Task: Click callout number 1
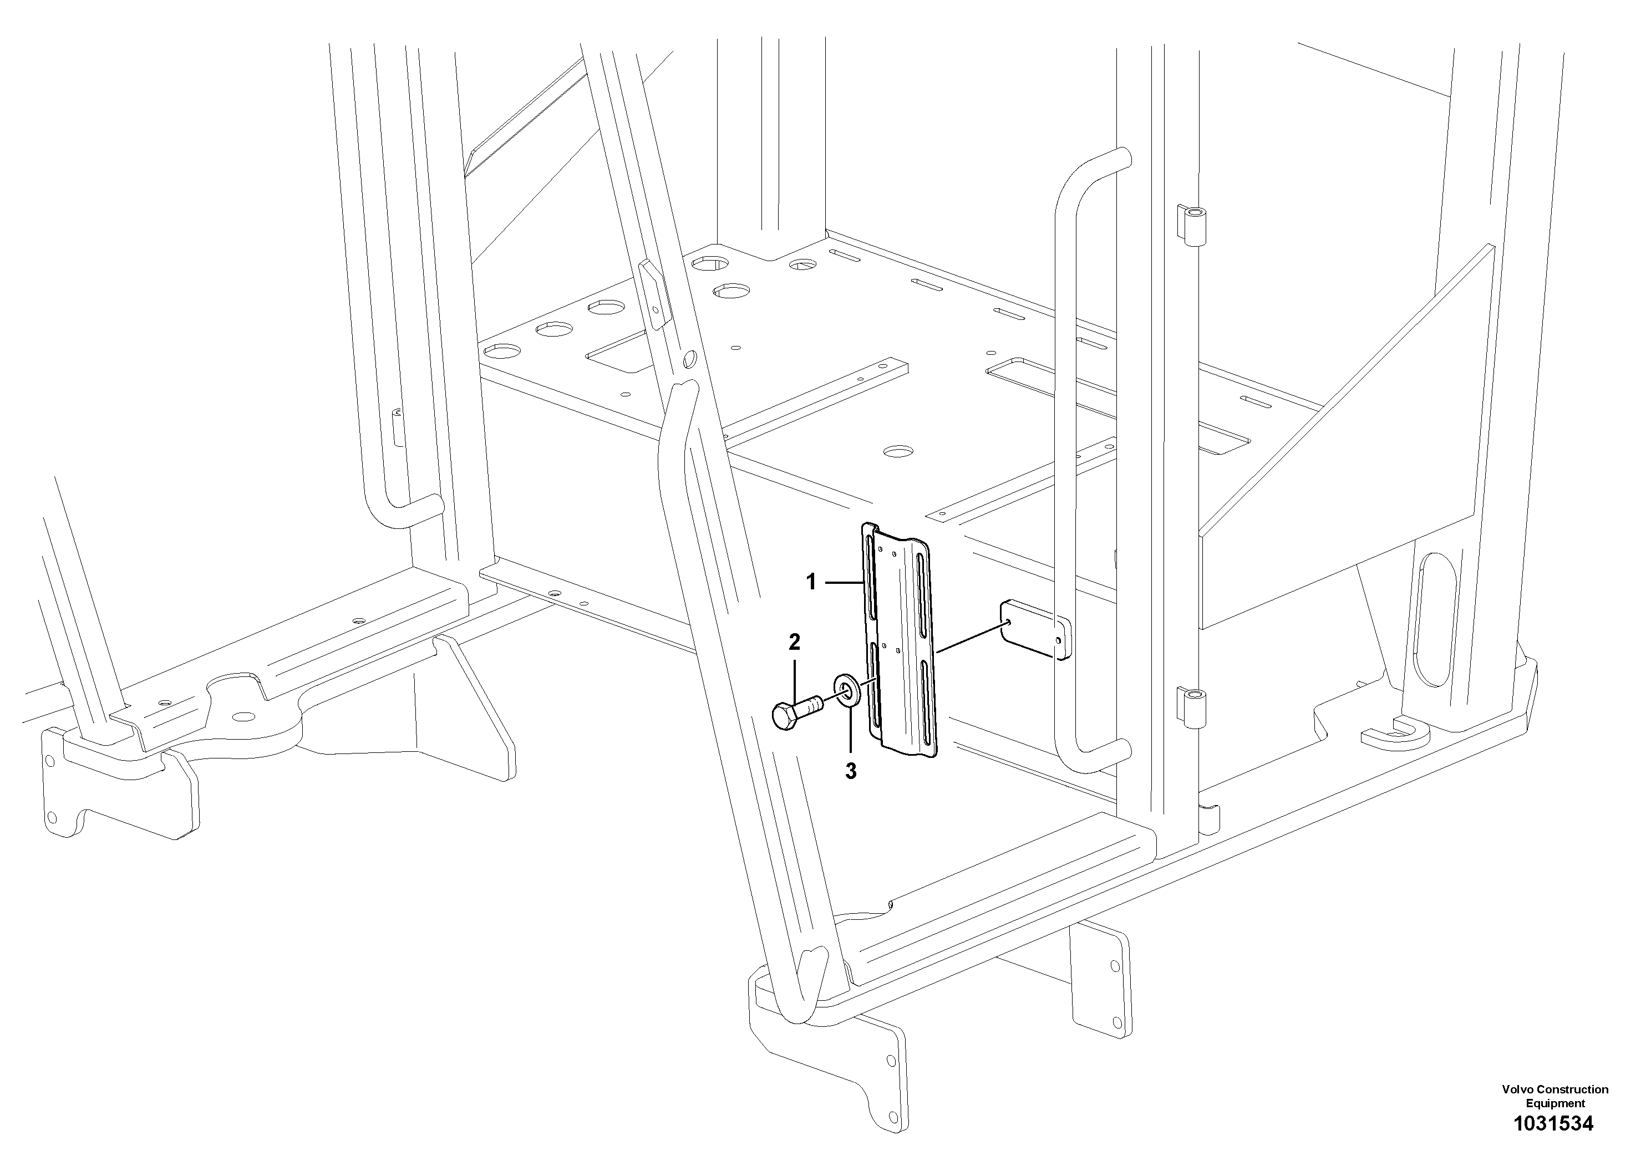coord(811,582)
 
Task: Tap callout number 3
coord(851,772)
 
